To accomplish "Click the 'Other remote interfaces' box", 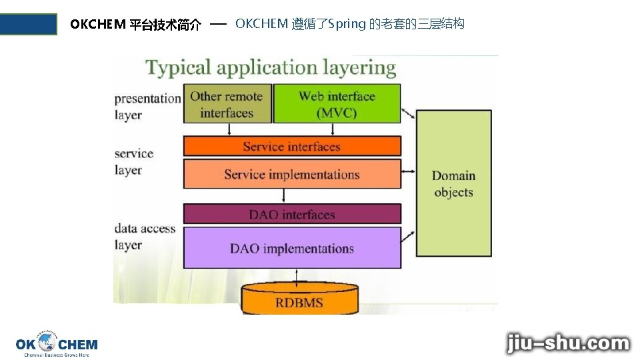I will click(227, 104).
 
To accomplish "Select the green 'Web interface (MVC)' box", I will click(337, 104).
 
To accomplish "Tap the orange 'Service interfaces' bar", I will click(291, 147).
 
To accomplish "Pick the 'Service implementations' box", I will click(291, 175).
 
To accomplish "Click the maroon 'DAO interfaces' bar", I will click(291, 214).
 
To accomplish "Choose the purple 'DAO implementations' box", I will click(291, 249).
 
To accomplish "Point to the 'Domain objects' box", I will click(453, 184).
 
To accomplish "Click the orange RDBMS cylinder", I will click(299, 301).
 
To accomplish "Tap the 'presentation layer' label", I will click(147, 107).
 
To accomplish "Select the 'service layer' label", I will click(133, 161).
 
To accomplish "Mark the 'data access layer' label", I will click(145, 237).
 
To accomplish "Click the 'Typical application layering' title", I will click(271, 68).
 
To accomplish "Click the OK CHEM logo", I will click(57, 344).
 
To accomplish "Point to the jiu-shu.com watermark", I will click(567, 343).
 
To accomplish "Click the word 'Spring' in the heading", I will click(347, 25).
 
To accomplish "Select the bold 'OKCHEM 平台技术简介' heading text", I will click(135, 25).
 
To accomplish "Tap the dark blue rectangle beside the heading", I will click(29, 24).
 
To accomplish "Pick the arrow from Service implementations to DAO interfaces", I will click(285, 196).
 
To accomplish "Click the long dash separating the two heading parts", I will click(219, 24).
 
